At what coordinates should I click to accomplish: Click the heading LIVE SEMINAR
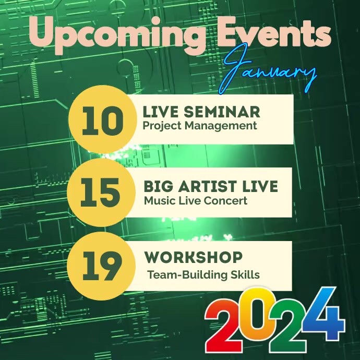(201, 112)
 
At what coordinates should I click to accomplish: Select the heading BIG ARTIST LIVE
(210, 186)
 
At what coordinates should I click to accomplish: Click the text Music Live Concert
(196, 200)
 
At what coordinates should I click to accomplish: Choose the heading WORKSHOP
(193, 258)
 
